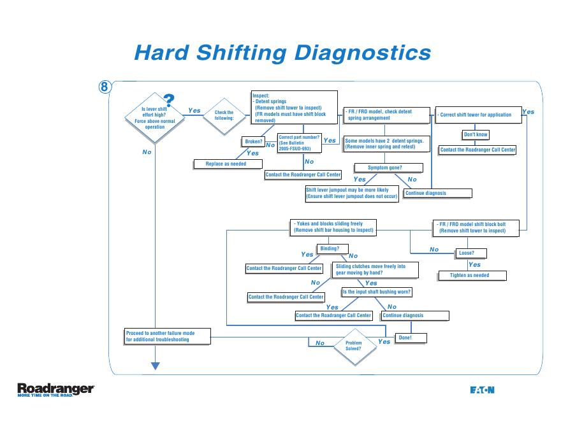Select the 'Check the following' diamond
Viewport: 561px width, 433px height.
point(224,115)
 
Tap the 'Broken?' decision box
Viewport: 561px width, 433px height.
point(254,141)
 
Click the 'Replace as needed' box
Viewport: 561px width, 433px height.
point(228,164)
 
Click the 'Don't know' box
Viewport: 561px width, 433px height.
point(476,134)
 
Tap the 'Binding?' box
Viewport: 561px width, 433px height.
point(330,248)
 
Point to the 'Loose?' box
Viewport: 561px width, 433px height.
point(467,253)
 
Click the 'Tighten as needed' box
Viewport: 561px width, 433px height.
point(472,275)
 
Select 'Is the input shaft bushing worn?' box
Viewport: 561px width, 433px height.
point(377,292)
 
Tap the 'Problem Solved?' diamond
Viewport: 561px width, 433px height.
point(353,346)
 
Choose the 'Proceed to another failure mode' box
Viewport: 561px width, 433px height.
point(167,336)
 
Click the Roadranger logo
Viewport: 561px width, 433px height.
point(55,389)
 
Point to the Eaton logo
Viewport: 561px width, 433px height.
point(483,390)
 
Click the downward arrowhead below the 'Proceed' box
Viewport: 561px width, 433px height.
point(154,365)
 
